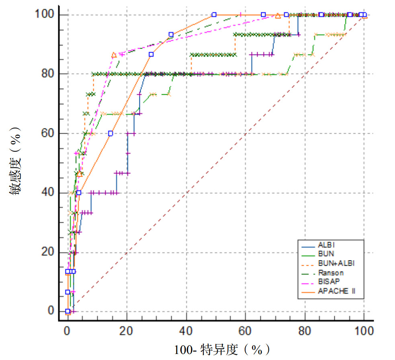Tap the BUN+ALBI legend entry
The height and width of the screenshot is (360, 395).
[x=335, y=264]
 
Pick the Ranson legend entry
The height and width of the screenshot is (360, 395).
[x=330, y=273]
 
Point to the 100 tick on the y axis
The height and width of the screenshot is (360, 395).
[x=43, y=15]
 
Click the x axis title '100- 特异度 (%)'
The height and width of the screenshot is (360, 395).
[x=222, y=350]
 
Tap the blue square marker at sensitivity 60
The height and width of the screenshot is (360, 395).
[x=111, y=133]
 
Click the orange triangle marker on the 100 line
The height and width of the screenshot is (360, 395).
[x=278, y=16]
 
